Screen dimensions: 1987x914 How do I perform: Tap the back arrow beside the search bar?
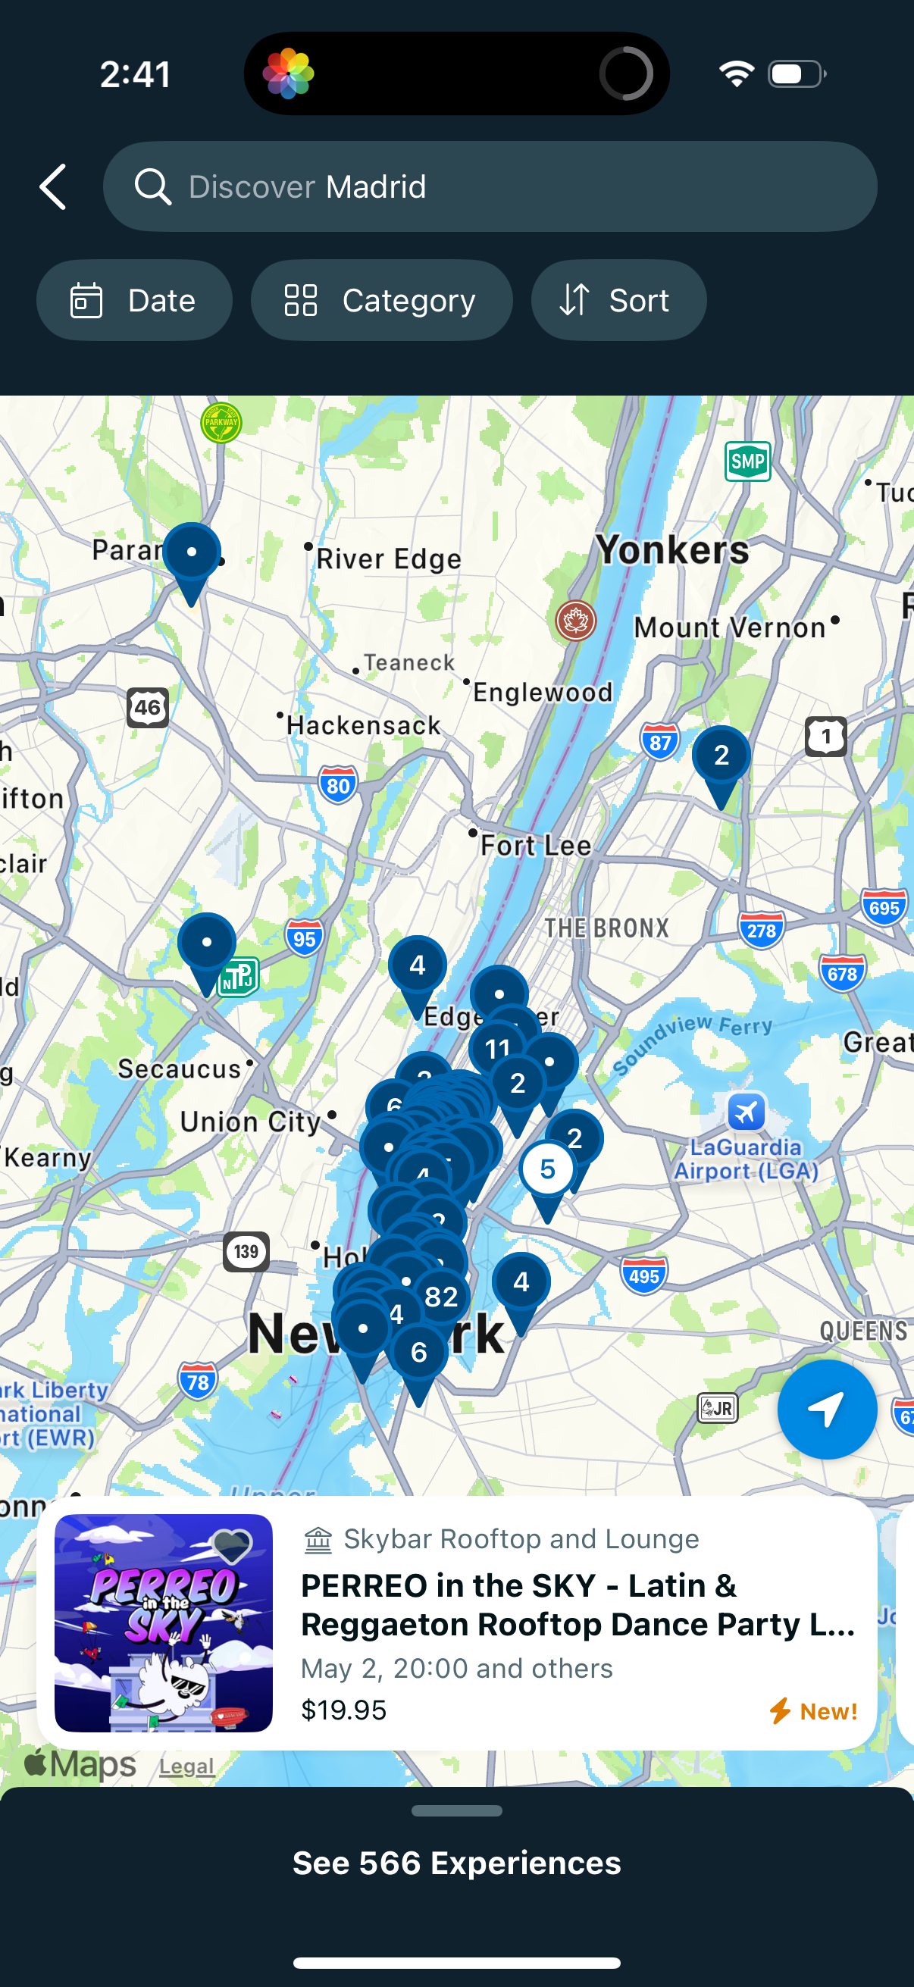coord(53,186)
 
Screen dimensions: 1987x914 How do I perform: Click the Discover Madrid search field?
coord(490,186)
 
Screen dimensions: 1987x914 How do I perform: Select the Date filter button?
coord(134,300)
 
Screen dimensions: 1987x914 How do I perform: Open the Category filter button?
coord(381,300)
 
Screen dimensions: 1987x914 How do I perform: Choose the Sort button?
coord(618,300)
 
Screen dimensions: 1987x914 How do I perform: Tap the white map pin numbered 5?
coord(547,1170)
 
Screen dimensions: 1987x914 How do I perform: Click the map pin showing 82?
coord(441,1297)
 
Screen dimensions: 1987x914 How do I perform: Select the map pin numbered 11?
coord(497,1048)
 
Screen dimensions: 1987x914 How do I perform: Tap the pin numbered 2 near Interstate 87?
coord(721,755)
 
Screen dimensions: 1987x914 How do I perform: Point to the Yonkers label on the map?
coord(671,550)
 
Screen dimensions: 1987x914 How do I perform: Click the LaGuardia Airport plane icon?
coord(746,1112)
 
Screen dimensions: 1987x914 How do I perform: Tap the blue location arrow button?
coord(826,1410)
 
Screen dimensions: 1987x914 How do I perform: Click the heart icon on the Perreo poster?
coord(231,1546)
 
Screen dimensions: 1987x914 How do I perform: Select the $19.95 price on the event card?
coord(343,1710)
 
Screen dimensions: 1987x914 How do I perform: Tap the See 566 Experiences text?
coord(456,1863)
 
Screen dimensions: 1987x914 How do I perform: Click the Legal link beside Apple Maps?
coord(186,1766)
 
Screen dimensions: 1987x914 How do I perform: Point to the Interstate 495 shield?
coord(643,1277)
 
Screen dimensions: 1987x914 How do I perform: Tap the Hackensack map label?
coord(363,725)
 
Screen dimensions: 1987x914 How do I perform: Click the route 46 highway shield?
coord(147,707)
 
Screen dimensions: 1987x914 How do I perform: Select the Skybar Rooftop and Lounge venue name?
coord(521,1539)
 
